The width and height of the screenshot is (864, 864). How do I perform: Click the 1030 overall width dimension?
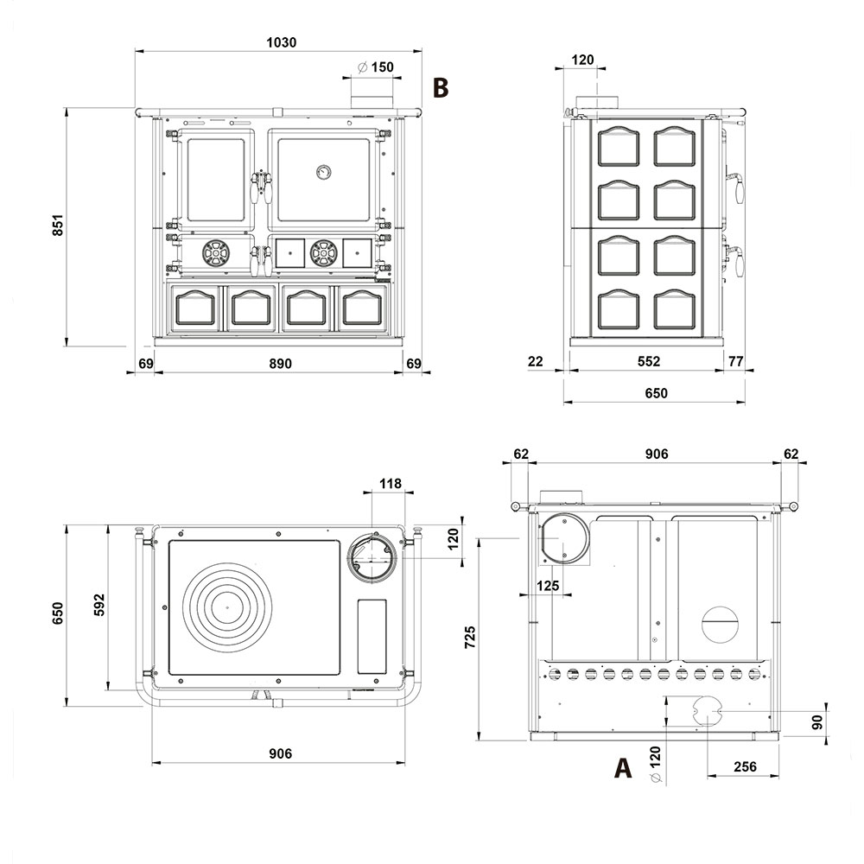click(281, 42)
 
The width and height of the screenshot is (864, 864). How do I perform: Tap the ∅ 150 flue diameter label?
click(375, 67)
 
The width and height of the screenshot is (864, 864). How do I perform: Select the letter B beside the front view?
click(441, 87)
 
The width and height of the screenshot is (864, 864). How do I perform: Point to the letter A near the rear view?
click(623, 767)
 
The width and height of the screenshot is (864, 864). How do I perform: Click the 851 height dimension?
click(58, 226)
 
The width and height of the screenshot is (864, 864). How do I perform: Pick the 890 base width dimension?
click(281, 364)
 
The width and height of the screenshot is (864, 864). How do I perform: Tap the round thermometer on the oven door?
click(323, 172)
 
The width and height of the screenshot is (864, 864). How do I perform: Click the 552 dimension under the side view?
click(649, 361)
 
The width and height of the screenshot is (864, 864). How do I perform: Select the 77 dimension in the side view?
click(735, 361)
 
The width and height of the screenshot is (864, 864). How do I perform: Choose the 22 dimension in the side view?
click(535, 361)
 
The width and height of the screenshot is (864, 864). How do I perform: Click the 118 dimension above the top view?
click(391, 483)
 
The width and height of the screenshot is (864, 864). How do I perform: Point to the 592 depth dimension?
click(98, 605)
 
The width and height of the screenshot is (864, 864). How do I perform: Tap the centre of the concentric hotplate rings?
click(226, 607)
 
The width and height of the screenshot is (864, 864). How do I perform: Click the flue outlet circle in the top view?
click(372, 557)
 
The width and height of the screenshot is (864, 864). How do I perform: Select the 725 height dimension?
click(469, 637)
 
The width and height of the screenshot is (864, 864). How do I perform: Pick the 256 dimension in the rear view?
click(745, 766)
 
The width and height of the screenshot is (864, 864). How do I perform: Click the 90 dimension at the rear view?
click(817, 721)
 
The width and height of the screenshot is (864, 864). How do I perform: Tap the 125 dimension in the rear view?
click(548, 585)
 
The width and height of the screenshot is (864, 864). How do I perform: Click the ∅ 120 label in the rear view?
click(655, 765)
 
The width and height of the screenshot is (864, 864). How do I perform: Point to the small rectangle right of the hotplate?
click(372, 637)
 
